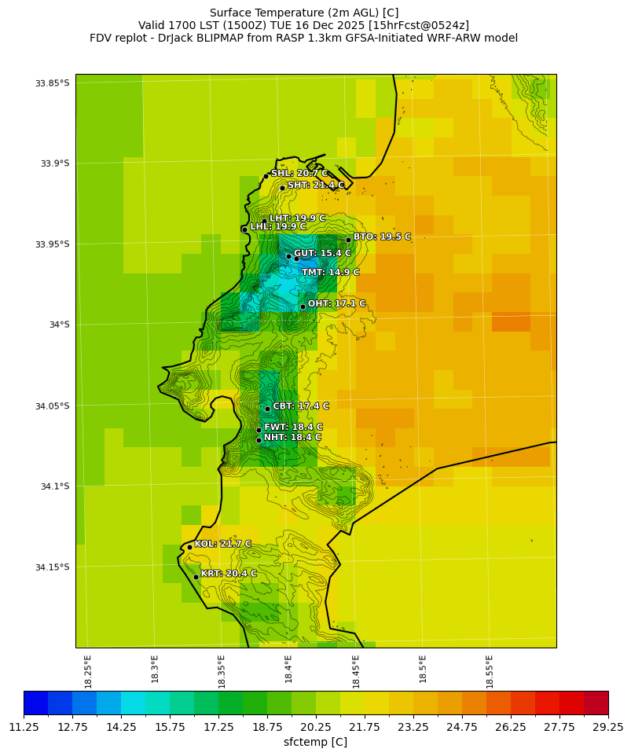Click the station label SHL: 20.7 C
(299, 174)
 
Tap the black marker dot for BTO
(348, 240)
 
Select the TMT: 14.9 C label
(330, 273)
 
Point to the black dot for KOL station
(189, 547)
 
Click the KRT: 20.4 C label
(229, 574)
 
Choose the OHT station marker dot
(303, 307)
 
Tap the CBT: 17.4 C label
(301, 406)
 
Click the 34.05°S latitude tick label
(52, 406)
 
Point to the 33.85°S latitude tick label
(52, 83)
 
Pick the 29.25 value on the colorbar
(607, 727)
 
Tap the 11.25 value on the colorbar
(24, 727)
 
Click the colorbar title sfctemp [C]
(315, 742)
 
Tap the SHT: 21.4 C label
(316, 185)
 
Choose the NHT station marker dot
(259, 440)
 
